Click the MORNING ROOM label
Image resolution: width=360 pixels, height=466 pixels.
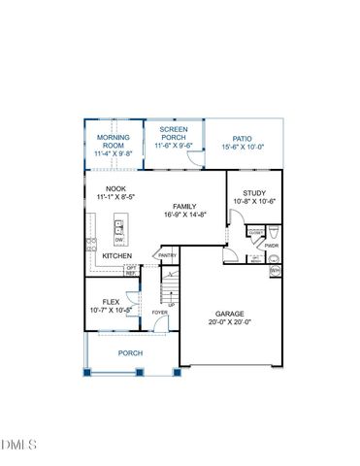(115, 141)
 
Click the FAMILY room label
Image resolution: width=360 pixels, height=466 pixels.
(185, 207)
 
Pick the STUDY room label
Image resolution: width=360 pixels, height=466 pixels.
(255, 192)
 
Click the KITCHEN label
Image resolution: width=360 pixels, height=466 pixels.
(117, 256)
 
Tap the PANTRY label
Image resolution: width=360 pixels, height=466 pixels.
(167, 255)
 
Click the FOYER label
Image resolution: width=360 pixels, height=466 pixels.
(159, 313)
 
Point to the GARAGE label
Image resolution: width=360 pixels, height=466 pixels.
(231, 314)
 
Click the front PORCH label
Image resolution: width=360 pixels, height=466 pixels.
(131, 353)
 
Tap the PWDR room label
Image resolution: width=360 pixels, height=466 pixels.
(272, 246)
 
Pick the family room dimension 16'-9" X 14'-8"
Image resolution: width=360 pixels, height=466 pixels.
(185, 216)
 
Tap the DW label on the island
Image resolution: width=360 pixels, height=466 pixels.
(119, 240)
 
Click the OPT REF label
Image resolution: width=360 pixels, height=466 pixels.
(131, 271)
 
